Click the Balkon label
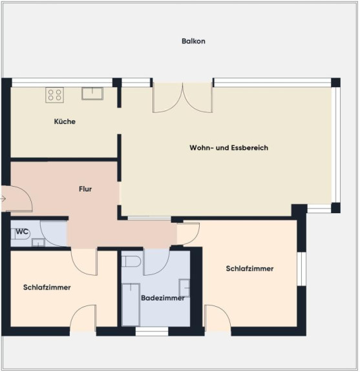tap(193, 41)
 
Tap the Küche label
tap(65, 121)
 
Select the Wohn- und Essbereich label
tap(229, 147)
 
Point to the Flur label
tap(85, 189)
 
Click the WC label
tap(22, 232)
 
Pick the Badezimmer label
tap(163, 298)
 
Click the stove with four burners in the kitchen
tap(55, 95)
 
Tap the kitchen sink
tap(92, 94)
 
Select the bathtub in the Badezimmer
tap(131, 305)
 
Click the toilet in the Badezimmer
tap(131, 262)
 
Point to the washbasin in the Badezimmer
tap(184, 288)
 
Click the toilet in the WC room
tap(21, 234)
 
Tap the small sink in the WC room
tap(38, 242)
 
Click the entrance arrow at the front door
tap(3, 199)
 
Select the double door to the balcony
tap(182, 98)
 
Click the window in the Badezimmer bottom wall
tap(152, 331)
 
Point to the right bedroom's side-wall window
tap(302, 269)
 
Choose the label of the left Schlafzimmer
tap(47, 287)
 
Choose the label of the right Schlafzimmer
tap(249, 269)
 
